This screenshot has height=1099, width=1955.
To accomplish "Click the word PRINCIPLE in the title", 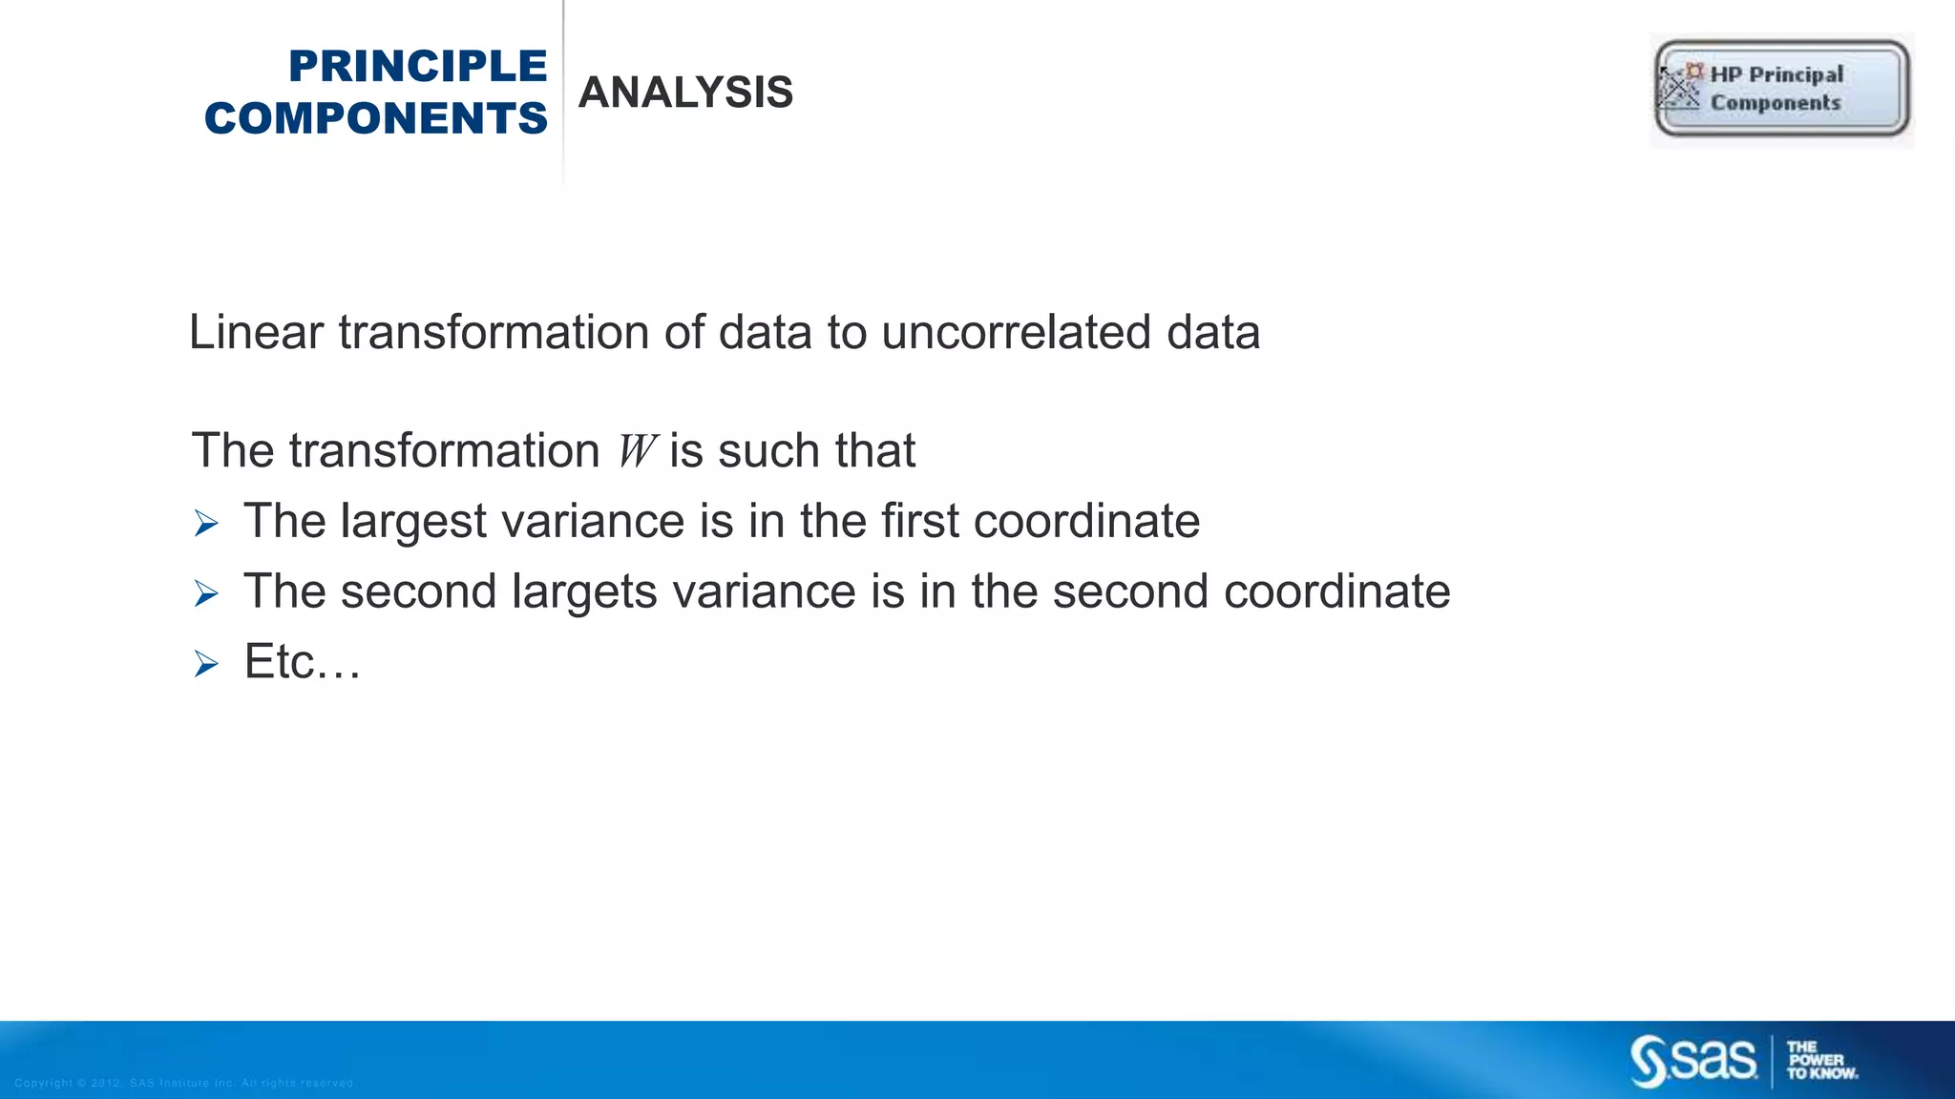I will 417,67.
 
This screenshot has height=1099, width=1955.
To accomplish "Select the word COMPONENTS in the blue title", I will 376,119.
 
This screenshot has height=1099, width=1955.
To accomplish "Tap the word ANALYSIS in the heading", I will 685,93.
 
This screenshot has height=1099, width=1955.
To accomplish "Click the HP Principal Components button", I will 1781,89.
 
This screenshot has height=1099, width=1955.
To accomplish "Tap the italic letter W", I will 635,451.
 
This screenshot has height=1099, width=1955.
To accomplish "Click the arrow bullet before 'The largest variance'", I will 206,524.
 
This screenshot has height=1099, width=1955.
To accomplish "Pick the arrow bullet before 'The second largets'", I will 206,594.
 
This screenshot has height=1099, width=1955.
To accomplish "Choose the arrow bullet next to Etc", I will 206,664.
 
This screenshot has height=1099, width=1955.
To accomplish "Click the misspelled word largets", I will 584,592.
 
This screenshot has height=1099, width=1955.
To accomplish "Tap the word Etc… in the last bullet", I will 303,662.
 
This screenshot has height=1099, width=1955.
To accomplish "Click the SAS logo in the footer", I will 1692,1061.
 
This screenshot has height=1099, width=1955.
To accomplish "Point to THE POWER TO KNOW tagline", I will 1821,1061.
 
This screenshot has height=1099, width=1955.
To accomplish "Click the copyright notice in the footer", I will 185,1083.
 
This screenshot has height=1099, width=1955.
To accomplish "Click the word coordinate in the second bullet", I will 1336,592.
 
